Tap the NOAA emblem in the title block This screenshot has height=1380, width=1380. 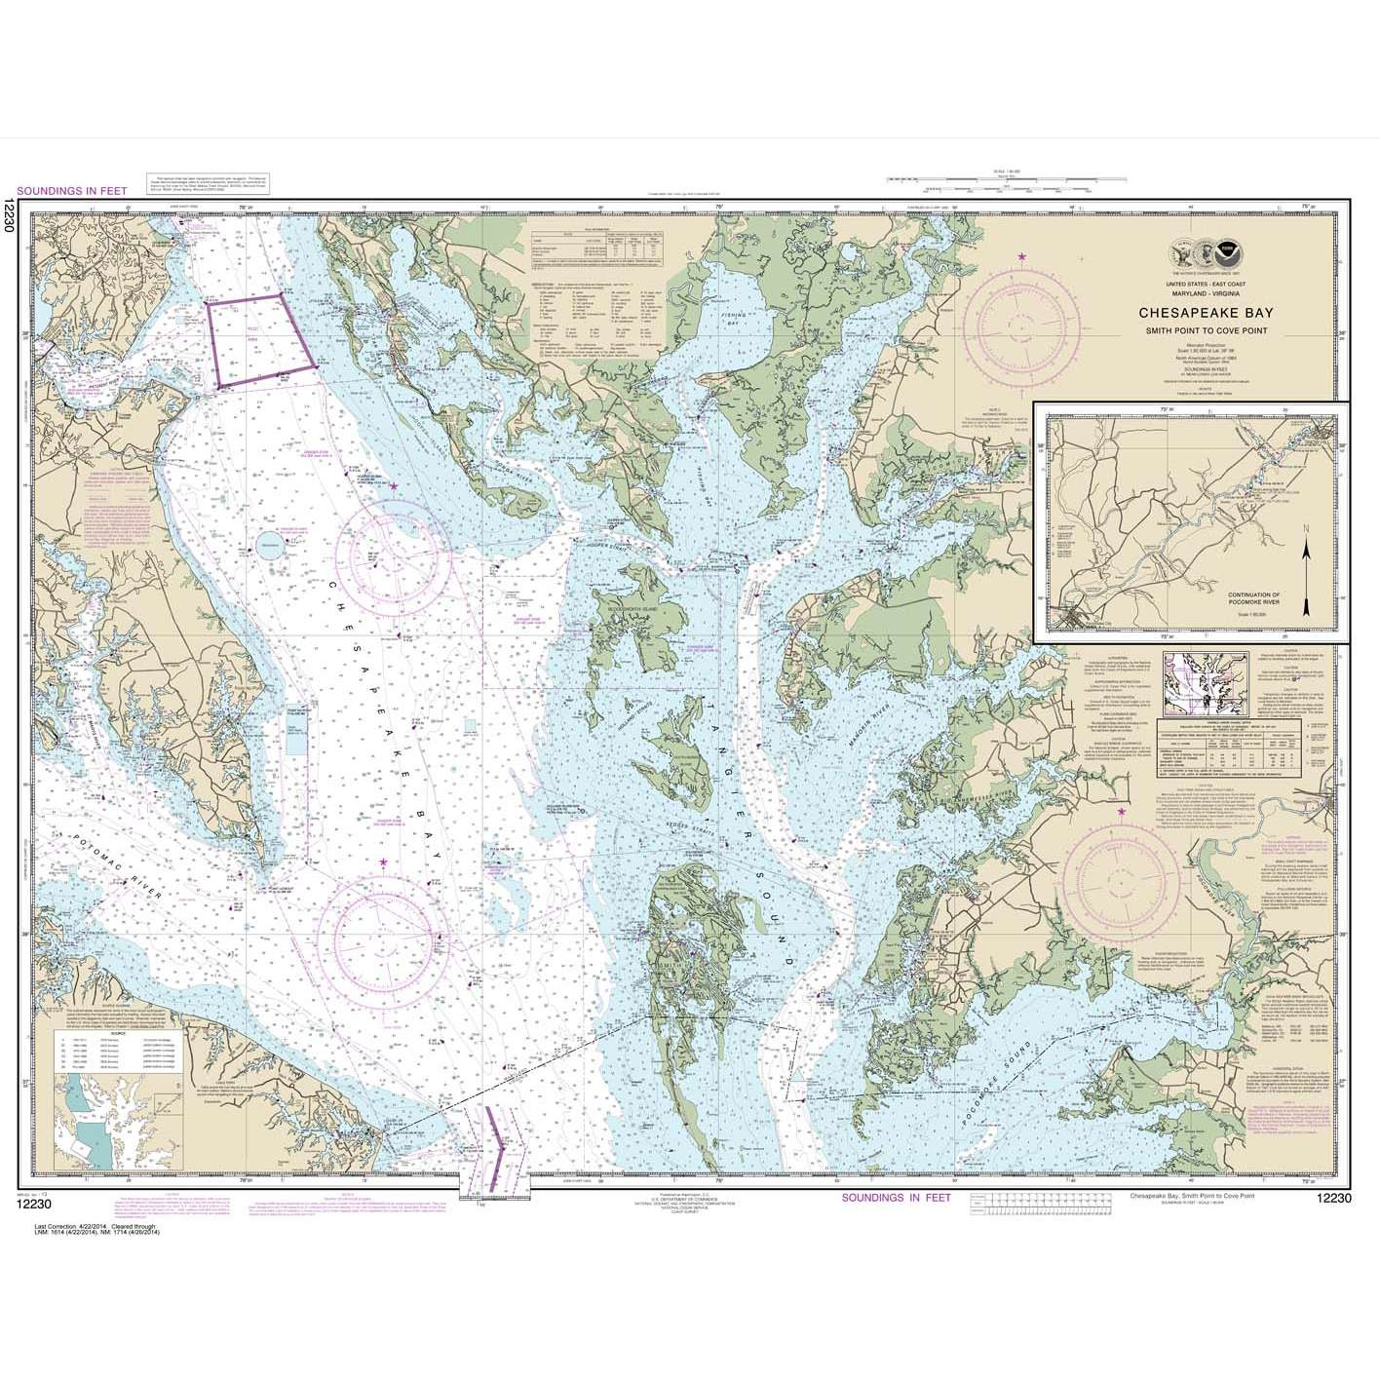1234,258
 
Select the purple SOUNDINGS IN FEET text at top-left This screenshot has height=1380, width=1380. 72,191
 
